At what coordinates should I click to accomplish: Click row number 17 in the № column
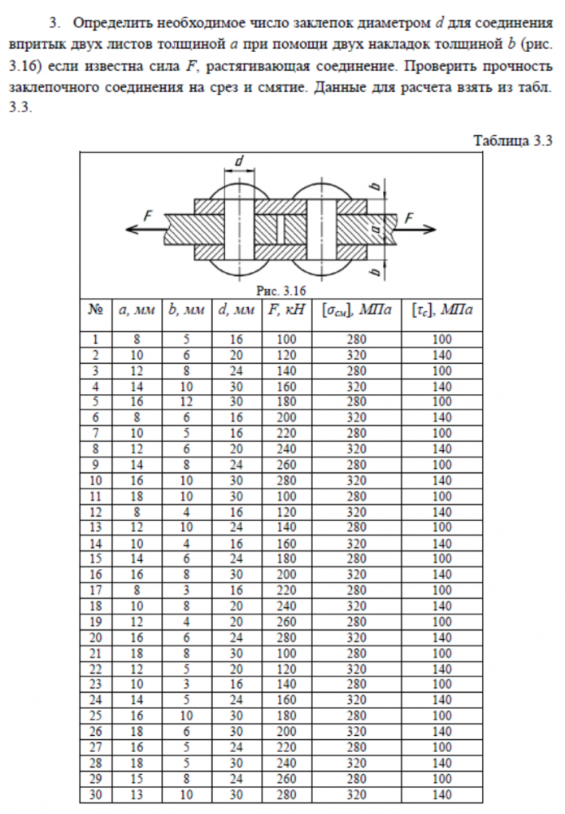pos(95,589)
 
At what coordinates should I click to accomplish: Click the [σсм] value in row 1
pos(355,338)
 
